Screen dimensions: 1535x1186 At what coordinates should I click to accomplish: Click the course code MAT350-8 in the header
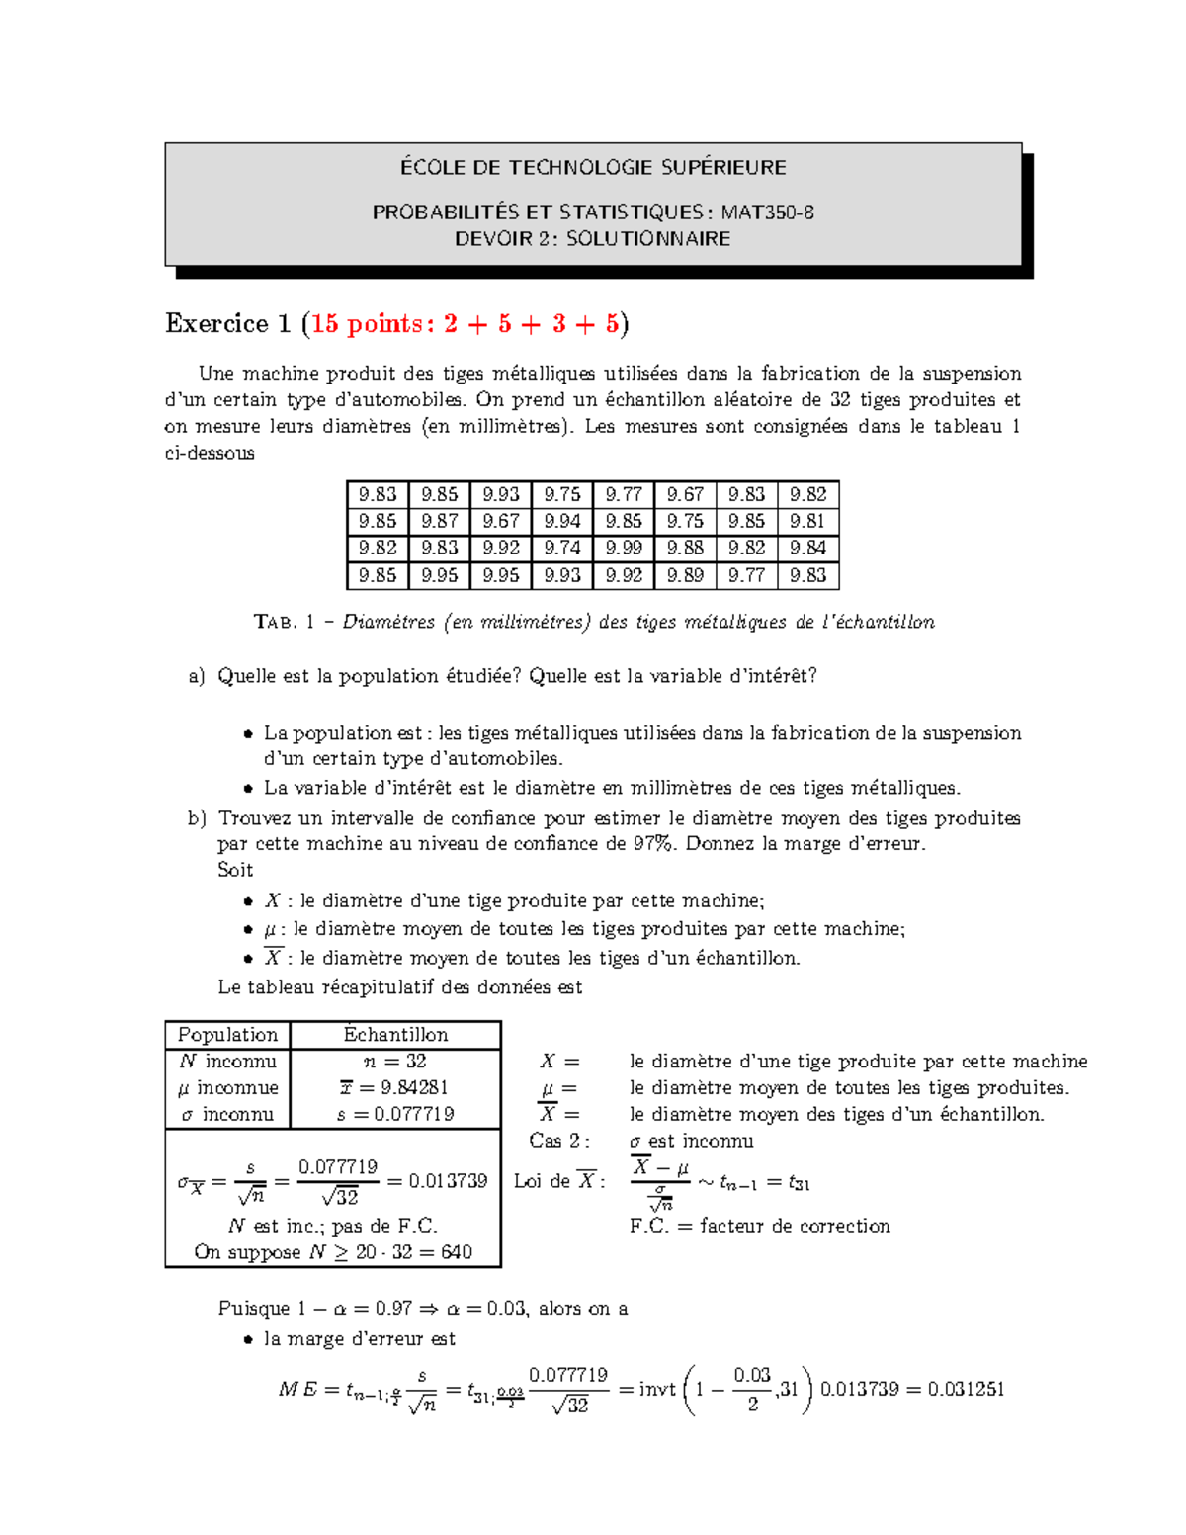coord(767,213)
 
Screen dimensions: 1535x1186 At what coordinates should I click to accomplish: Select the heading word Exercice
coord(216,324)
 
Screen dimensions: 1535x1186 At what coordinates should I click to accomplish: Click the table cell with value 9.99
coord(624,549)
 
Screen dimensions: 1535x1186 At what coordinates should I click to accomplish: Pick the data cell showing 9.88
coord(685,549)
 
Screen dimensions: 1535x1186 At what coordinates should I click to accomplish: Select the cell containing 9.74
coord(562,549)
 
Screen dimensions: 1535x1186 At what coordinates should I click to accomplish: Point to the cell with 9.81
coord(807,521)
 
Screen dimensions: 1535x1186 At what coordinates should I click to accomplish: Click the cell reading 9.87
coord(439,521)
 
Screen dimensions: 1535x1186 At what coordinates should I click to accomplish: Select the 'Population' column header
coord(227,1035)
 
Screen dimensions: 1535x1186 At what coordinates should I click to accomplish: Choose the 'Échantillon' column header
coord(395,1035)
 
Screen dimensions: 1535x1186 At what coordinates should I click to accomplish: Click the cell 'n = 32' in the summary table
coord(395,1062)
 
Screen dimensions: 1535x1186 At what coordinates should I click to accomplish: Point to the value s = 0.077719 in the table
coord(395,1115)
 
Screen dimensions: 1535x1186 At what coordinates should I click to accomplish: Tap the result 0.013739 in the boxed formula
coord(448,1182)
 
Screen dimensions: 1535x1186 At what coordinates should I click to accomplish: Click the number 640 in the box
coord(457,1252)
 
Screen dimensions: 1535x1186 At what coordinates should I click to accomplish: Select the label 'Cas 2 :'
coord(559,1141)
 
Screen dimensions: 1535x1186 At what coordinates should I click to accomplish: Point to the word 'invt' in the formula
coord(657,1390)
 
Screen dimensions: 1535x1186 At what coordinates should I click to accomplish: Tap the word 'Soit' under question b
coord(235,871)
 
